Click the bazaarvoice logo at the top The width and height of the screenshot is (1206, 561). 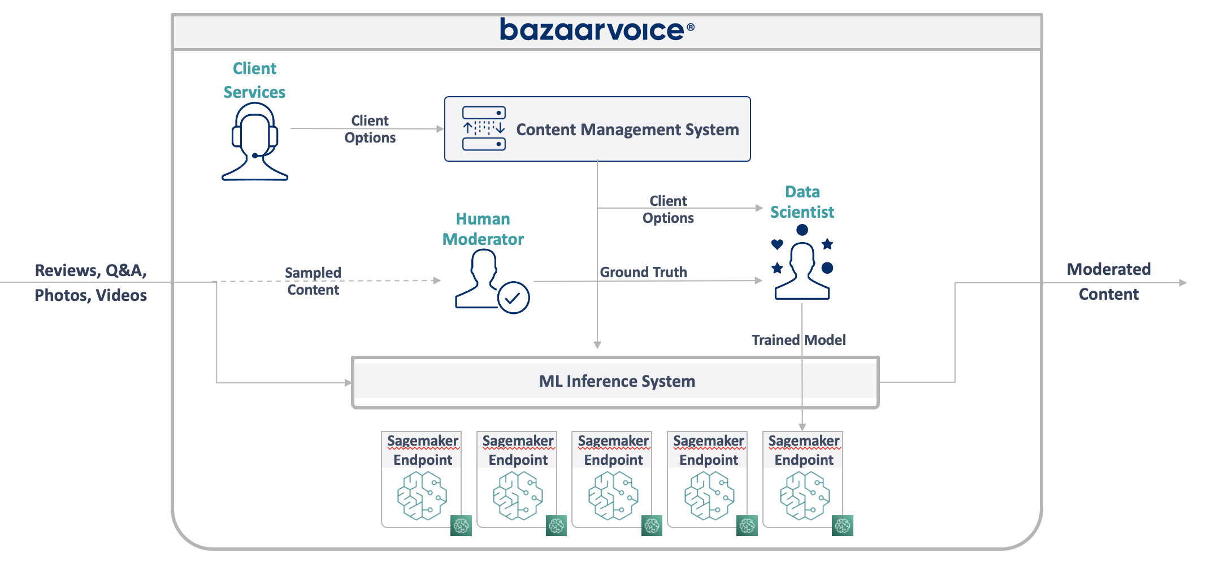pos(597,30)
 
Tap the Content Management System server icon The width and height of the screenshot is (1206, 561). pos(484,128)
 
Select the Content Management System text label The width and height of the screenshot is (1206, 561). pos(627,130)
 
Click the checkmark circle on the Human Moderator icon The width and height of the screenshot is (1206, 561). pos(513,297)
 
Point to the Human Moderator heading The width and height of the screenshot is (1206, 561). pos(483,229)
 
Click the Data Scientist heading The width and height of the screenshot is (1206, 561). pos(802,202)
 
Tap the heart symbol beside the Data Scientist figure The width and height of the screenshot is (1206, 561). pos(777,244)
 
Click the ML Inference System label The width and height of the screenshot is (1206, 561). pos(617,381)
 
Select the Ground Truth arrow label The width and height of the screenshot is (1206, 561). pos(643,272)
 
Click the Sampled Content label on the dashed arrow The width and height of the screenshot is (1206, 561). pos(313,281)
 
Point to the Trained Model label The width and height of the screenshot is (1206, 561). pos(798,340)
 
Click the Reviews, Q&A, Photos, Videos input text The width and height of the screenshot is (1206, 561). pos(90,283)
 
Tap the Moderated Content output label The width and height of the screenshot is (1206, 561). pos(1108,282)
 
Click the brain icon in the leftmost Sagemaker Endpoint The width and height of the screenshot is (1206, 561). pos(422,496)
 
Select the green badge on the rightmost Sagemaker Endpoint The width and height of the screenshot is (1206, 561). pos(842,525)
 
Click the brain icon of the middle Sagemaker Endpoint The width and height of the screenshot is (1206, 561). pos(613,496)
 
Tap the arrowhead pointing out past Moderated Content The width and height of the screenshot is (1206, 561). pos(1183,283)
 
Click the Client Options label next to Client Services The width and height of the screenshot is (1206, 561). pos(370,129)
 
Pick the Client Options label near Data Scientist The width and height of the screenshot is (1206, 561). pos(668,209)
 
